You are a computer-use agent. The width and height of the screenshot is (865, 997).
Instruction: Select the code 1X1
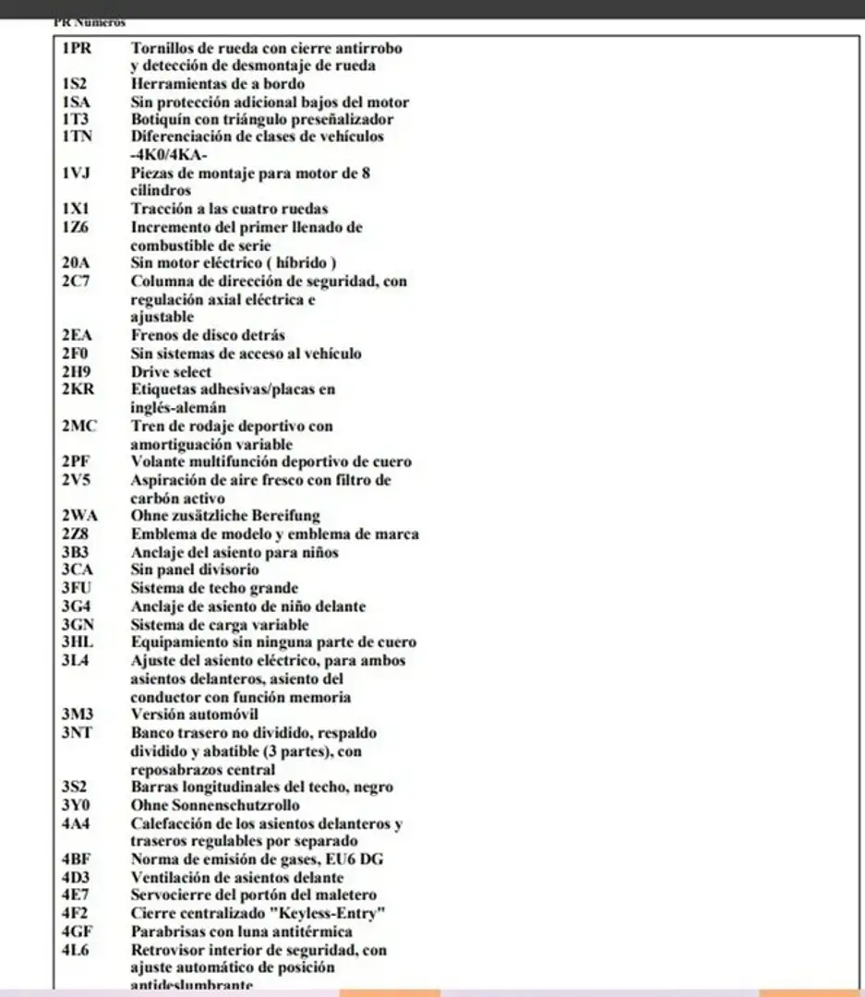click(x=75, y=209)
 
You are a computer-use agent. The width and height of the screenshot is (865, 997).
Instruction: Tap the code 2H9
click(x=76, y=371)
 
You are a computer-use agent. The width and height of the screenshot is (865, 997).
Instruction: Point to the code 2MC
click(x=79, y=426)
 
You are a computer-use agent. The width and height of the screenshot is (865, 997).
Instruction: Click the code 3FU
click(x=78, y=588)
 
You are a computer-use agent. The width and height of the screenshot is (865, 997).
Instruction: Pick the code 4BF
click(x=77, y=859)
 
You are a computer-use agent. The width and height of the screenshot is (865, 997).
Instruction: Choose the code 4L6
click(x=76, y=949)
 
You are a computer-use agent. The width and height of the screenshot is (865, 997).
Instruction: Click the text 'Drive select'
click(x=171, y=371)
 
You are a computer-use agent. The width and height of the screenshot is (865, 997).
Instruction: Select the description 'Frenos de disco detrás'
click(x=208, y=335)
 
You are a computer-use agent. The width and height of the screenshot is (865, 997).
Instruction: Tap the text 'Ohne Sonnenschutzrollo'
click(x=215, y=805)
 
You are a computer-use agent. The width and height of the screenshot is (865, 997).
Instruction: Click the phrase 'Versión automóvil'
click(x=194, y=715)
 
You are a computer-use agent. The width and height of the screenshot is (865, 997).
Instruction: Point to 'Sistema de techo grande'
click(x=214, y=588)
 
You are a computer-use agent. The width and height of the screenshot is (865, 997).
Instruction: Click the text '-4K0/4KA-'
click(x=169, y=155)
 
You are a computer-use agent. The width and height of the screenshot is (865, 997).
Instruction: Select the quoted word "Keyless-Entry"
click(x=335, y=913)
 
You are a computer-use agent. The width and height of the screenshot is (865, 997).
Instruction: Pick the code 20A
click(x=77, y=263)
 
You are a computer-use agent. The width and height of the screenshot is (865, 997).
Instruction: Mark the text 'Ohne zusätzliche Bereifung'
click(x=225, y=516)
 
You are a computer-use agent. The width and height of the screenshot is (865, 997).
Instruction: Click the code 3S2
click(x=75, y=787)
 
